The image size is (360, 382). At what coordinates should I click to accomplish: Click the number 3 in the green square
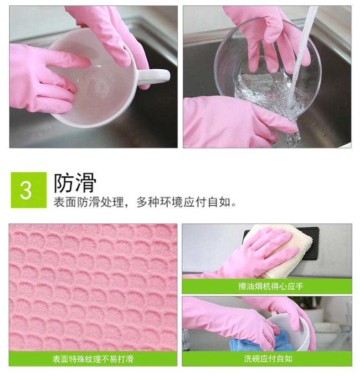[x=26, y=190]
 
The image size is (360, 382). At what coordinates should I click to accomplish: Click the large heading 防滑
[x=75, y=183]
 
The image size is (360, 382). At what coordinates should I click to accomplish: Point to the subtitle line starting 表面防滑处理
[x=145, y=202]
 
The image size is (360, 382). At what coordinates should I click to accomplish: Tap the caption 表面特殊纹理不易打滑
[x=93, y=359]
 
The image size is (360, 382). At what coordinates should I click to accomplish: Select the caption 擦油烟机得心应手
[x=271, y=286]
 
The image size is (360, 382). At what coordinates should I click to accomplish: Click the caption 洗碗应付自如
[x=268, y=359]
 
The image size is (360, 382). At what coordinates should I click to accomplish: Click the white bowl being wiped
[x=293, y=329]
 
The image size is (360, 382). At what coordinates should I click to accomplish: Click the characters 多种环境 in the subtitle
[x=160, y=202]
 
